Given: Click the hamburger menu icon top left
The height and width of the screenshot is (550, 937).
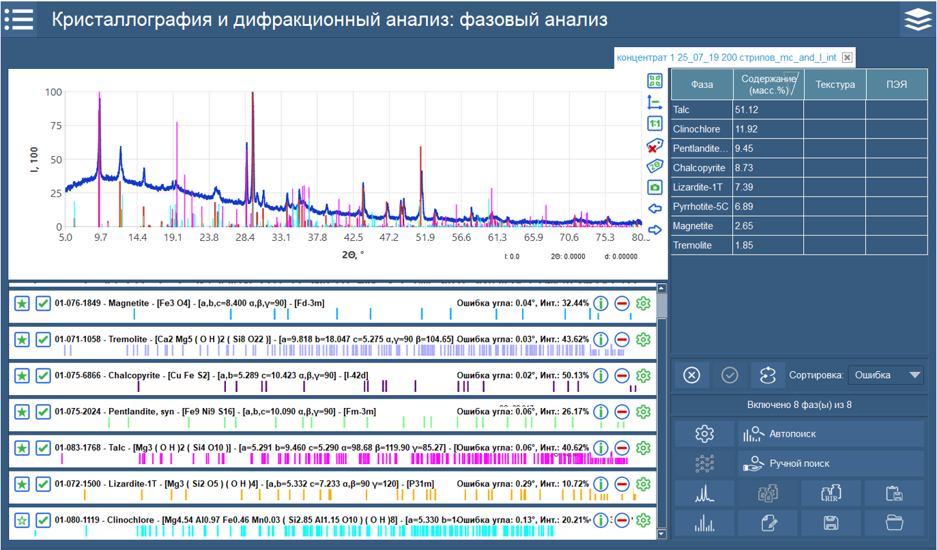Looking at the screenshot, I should point(18,19).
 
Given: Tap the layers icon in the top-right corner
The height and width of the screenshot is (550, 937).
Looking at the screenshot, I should point(918,20).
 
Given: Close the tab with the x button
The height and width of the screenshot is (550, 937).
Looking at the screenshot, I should point(847,58).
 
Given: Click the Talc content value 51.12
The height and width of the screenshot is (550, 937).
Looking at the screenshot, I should point(768,110).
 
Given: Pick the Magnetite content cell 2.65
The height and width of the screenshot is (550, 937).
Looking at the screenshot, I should point(768,226).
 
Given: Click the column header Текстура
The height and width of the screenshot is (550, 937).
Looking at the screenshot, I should point(835,85).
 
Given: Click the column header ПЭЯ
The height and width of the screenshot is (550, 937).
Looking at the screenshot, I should point(896,85).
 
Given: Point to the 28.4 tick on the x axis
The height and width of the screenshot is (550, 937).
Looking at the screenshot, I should point(245,238).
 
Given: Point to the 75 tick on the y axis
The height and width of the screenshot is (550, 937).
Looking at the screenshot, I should point(54,126).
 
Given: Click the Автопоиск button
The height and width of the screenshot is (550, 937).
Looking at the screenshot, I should point(831,434).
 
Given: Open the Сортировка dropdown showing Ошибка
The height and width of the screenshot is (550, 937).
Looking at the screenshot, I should point(885,375).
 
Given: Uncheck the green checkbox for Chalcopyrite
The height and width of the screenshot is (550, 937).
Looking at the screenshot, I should point(43,376).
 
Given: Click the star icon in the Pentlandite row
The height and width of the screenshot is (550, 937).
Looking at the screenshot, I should point(22,412).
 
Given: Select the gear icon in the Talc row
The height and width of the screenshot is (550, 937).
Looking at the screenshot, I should point(642,448).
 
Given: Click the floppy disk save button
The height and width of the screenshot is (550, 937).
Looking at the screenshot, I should point(831,523).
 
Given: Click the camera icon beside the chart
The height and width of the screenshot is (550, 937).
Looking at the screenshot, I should point(654,187).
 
